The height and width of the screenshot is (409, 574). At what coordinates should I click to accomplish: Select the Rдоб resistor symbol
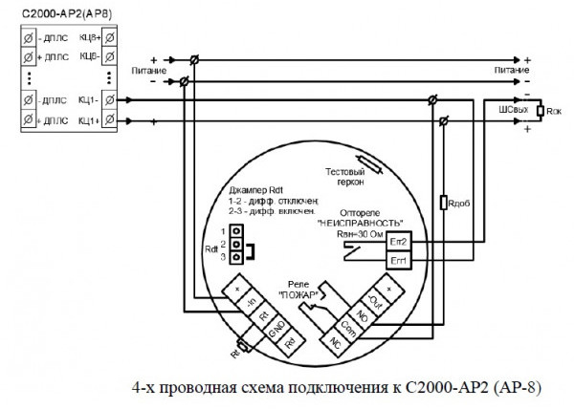[x=443, y=203]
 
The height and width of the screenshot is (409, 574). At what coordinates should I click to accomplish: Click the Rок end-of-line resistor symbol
[x=541, y=111]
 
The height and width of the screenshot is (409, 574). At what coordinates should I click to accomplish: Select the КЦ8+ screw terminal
[x=111, y=37]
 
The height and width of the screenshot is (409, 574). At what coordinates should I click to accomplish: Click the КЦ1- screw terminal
[x=111, y=99]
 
